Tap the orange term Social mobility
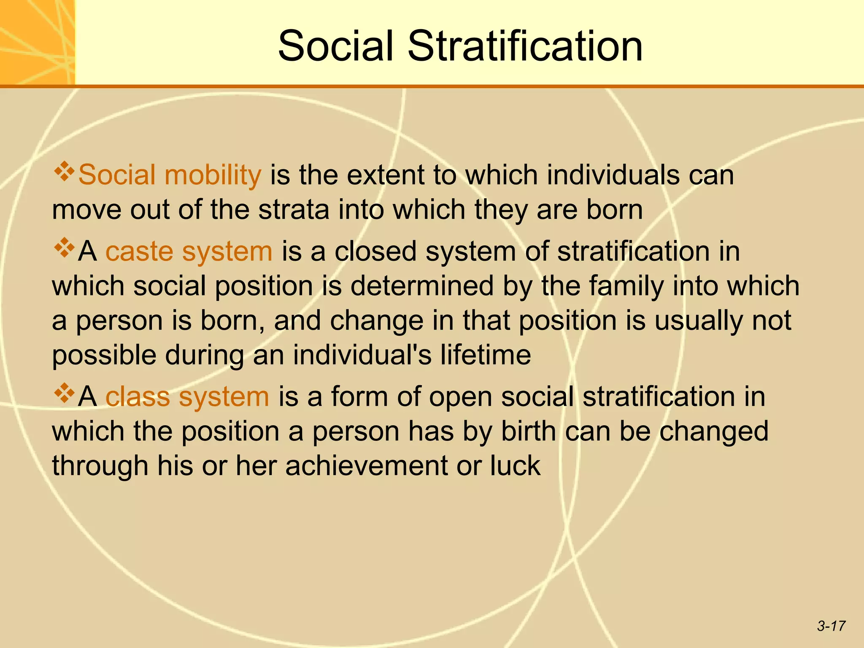pos(170,175)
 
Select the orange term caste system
pos(189,251)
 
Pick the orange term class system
pos(187,397)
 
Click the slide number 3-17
pos(831,626)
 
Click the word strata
pos(294,210)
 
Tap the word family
pos(626,286)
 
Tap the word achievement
pos(366,466)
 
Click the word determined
pos(422,286)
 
